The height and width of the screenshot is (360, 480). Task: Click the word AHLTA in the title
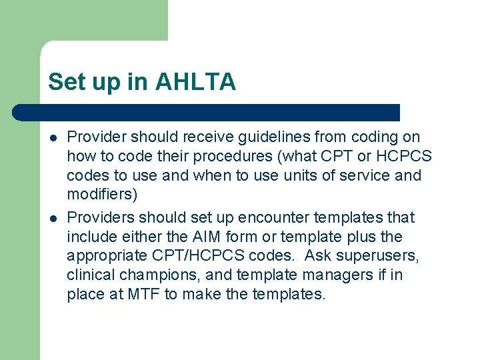tap(195, 82)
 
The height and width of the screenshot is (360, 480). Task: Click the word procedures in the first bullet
tap(228, 157)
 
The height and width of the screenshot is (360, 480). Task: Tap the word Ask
tap(319, 256)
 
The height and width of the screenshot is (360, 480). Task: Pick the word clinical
tap(90, 275)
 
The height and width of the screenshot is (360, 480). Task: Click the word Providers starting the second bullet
tap(99, 217)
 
